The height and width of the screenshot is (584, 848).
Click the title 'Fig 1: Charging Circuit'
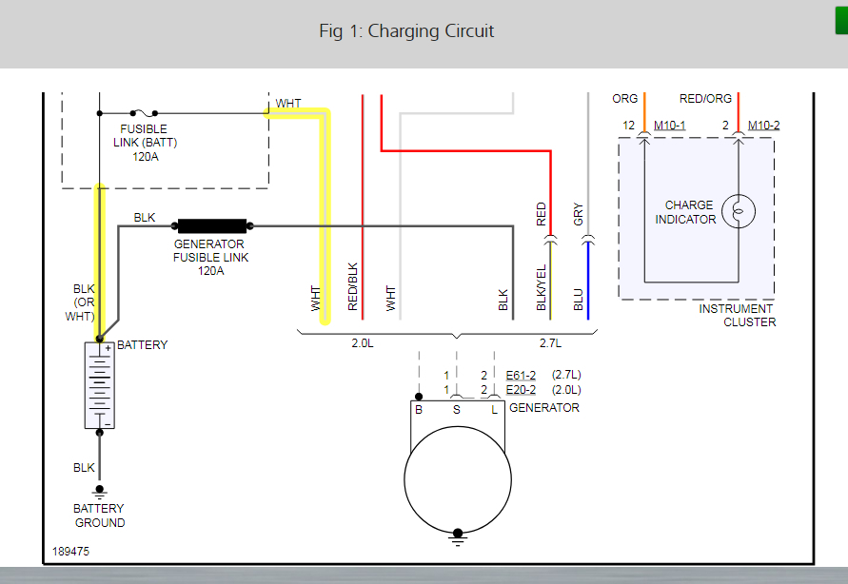click(406, 31)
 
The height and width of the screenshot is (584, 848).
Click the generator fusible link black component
click(211, 226)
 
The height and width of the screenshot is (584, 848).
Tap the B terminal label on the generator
click(418, 409)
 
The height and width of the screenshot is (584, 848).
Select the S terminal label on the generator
click(456, 409)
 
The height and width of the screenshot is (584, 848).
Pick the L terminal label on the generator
click(494, 409)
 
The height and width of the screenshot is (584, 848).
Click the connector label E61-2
click(521, 375)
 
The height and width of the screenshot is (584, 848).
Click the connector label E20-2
click(521, 390)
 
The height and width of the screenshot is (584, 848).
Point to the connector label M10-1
click(669, 125)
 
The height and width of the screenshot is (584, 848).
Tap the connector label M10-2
click(763, 125)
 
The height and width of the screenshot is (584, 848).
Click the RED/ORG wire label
click(705, 99)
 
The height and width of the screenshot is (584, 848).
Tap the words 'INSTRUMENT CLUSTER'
click(737, 315)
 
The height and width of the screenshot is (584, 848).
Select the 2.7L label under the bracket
click(551, 341)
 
